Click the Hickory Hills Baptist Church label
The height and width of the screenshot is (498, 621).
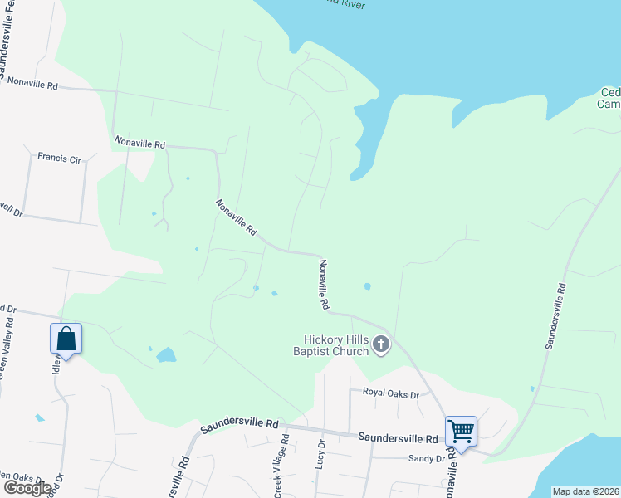pyautogui.click(x=335, y=344)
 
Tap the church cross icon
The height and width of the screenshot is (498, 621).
pyautogui.click(x=381, y=344)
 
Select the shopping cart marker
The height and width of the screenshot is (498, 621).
pyautogui.click(x=461, y=432)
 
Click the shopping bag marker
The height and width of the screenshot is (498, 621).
pyautogui.click(x=66, y=339)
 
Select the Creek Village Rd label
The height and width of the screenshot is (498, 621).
pyautogui.click(x=281, y=471)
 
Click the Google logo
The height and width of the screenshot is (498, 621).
pyautogui.click(x=27, y=488)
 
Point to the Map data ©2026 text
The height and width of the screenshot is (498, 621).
pyautogui.click(x=586, y=491)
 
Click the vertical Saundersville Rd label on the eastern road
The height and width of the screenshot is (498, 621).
pyautogui.click(x=555, y=317)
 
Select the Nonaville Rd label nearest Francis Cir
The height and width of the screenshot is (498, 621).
pyautogui.click(x=139, y=144)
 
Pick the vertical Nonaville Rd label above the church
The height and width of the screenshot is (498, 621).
pyautogui.click(x=323, y=285)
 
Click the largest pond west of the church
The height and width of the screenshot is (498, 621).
pyautogui.click(x=166, y=355)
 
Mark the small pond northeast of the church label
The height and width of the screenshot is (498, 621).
pyautogui.click(x=367, y=287)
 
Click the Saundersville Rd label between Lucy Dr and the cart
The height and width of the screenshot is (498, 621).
pyautogui.click(x=398, y=437)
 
